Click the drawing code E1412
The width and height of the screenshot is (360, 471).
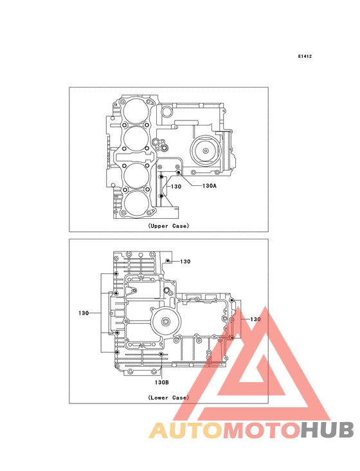[x=305, y=56]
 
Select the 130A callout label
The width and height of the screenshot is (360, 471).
[x=210, y=186]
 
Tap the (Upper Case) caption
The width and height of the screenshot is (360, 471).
[x=168, y=226]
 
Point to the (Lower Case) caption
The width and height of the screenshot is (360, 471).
[x=168, y=398]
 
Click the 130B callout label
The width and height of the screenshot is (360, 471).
[x=162, y=382]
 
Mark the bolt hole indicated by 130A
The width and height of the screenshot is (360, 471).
[x=178, y=172]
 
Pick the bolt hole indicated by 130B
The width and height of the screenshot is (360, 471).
[x=161, y=355]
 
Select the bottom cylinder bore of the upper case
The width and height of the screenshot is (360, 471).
[x=136, y=203]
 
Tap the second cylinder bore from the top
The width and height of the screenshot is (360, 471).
[x=136, y=139]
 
